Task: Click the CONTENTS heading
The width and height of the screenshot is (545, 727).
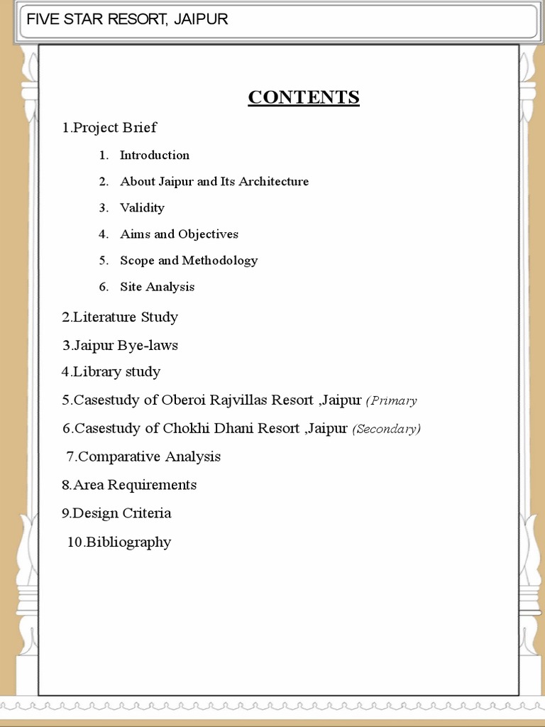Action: click(x=304, y=97)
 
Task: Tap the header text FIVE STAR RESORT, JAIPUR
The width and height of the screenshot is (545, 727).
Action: click(x=127, y=19)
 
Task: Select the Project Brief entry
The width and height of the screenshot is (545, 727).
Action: click(x=109, y=128)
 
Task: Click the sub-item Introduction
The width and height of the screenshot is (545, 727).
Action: click(x=154, y=155)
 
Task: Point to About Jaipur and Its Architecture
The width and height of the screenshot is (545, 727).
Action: click(x=214, y=182)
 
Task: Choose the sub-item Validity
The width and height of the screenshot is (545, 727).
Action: click(x=142, y=208)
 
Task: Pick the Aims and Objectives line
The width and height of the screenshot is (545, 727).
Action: click(x=179, y=234)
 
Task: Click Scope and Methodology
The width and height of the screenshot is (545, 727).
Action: click(x=189, y=261)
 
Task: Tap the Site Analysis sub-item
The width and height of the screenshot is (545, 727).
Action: click(x=157, y=287)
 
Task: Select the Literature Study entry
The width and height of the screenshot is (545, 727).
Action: click(x=120, y=317)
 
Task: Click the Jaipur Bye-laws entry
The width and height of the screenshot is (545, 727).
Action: click(x=120, y=346)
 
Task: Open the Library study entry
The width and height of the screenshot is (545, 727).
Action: click(x=111, y=372)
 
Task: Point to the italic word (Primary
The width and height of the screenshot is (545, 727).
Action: click(x=391, y=401)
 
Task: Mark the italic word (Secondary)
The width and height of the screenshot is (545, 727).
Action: click(x=387, y=430)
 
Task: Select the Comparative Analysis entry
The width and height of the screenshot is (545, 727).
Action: click(x=143, y=457)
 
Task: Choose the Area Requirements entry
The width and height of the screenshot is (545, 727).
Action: click(x=129, y=485)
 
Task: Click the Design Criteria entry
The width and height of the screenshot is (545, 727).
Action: click(x=116, y=513)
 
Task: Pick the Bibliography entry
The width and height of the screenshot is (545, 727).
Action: click(x=119, y=542)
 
